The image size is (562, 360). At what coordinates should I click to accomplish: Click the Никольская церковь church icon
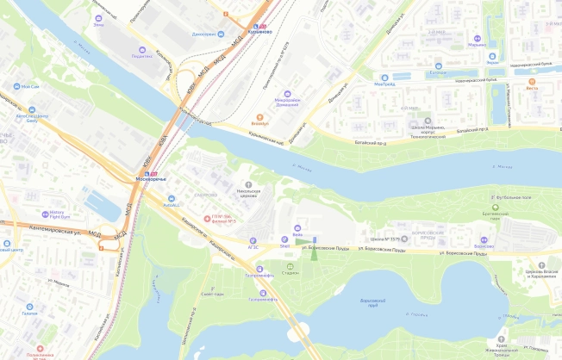(250, 184)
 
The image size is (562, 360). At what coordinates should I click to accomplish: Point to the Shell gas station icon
(284, 238)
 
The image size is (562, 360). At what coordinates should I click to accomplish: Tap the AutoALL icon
(170, 197)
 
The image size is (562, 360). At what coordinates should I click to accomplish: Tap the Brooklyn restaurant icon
(259, 116)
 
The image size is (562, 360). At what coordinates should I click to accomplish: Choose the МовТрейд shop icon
(384, 76)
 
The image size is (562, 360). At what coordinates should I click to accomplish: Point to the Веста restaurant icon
(531, 79)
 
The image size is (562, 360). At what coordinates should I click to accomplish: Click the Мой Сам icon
(15, 87)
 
